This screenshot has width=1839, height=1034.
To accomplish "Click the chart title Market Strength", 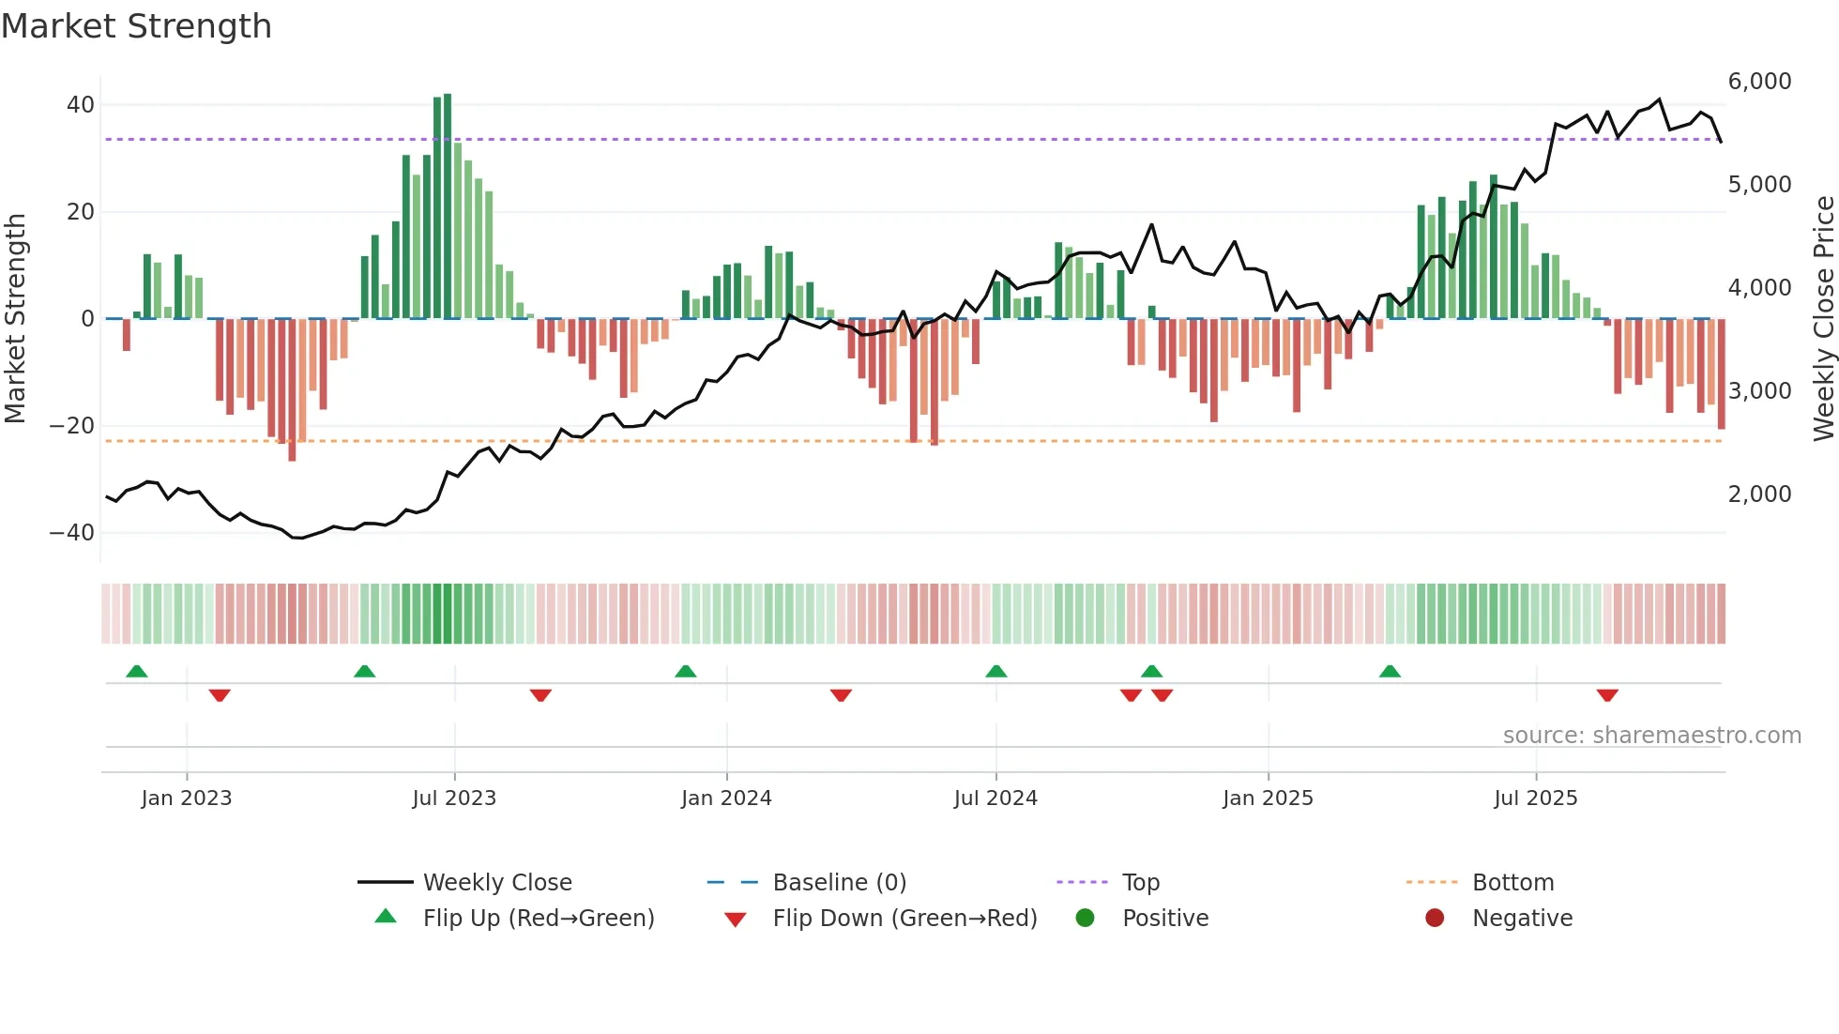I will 136,26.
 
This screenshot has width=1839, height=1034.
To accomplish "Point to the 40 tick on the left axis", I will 81,105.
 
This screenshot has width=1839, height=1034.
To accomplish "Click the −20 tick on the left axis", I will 72,426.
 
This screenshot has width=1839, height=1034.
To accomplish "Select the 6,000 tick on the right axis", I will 1759,82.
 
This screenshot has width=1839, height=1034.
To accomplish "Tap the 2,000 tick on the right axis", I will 1759,494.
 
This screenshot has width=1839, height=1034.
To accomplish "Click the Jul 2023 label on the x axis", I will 454,798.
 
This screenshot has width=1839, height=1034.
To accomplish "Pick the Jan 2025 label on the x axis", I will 1268,798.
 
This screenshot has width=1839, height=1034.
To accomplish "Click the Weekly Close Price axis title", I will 1823,319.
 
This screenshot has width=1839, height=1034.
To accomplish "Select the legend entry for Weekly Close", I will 496,883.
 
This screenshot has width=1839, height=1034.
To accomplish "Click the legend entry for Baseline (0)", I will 839,883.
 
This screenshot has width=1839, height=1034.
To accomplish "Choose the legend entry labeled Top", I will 1141,883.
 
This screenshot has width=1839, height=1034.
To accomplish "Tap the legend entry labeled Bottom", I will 1512,883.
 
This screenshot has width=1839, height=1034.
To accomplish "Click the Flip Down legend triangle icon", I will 736,920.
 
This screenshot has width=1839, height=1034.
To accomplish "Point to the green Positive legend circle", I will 1085,919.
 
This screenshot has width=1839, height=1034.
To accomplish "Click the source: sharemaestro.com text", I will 1651,736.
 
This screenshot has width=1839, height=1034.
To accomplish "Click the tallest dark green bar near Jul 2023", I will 448,206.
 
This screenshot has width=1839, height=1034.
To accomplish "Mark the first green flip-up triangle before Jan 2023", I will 137,671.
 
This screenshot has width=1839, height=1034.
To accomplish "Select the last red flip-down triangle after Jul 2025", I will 1607,695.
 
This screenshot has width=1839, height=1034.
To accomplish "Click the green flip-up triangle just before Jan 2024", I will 686,671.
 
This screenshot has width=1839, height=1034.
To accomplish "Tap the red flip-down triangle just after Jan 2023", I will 220,695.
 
